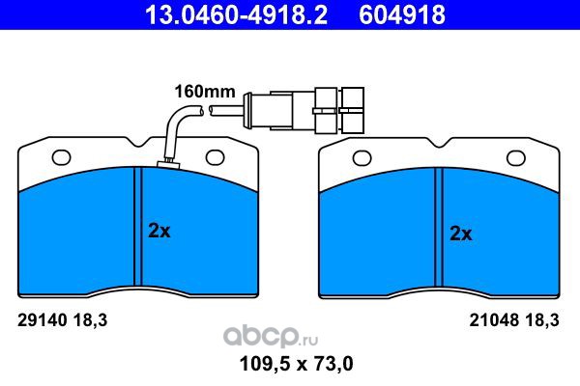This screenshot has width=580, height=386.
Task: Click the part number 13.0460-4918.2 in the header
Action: [237, 14]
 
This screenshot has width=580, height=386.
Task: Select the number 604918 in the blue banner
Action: [402, 14]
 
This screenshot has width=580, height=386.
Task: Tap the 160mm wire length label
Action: [205, 92]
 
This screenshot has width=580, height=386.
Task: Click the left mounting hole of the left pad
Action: [62, 157]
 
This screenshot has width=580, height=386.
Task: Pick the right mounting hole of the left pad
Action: [215, 157]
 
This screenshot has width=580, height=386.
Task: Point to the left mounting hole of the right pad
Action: [362, 158]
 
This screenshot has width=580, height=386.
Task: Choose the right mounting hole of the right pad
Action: [516, 158]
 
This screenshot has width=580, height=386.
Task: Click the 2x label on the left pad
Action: [159, 231]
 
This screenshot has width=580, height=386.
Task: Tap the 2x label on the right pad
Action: [460, 234]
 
